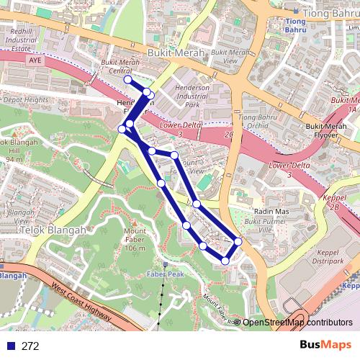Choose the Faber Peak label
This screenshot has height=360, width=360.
point(165,274)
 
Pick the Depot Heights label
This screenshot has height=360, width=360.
point(25,100)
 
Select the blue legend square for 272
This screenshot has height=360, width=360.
point(9,346)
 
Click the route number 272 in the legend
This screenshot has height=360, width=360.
point(30,346)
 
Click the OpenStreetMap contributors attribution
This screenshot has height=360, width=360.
point(297,322)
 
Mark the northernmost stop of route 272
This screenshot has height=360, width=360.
point(128,80)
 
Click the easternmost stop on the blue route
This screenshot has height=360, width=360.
point(238,241)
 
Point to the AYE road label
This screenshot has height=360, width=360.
point(37,61)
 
